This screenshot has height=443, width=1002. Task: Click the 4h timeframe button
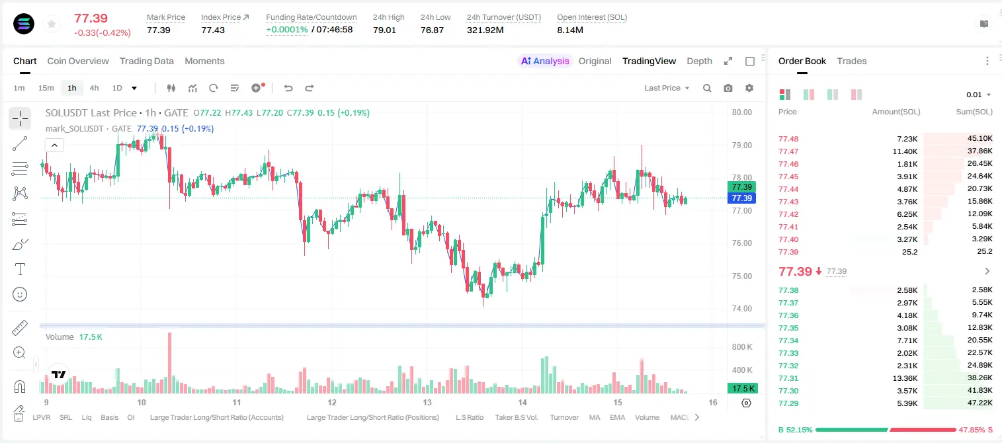(94, 88)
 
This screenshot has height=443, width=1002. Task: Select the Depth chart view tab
(699, 61)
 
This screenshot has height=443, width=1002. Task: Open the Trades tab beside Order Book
(852, 61)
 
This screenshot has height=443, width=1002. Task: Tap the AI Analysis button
(545, 61)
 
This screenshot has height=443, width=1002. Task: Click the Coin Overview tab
(78, 61)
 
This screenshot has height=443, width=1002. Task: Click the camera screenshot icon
(728, 88)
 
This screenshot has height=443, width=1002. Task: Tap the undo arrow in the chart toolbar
(288, 88)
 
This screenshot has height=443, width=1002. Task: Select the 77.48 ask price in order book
(788, 139)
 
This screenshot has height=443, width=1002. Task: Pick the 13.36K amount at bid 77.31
(905, 378)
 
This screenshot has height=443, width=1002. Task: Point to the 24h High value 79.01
(384, 30)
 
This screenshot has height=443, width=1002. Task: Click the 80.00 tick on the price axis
(741, 112)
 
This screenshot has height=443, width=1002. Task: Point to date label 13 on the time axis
(427, 402)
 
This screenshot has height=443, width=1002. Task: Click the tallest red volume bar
(170, 363)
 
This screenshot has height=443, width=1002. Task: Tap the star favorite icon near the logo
(52, 24)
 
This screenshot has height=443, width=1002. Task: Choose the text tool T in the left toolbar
(20, 269)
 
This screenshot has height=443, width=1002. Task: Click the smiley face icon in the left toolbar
(20, 294)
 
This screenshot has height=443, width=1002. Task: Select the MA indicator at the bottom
(595, 417)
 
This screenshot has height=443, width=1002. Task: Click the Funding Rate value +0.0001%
(287, 30)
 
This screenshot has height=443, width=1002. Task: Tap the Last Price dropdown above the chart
(667, 88)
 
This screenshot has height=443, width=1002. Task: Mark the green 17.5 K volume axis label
(741, 389)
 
